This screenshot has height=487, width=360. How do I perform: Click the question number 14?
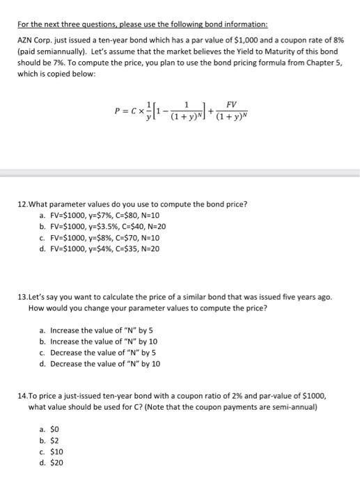coord(23,394)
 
